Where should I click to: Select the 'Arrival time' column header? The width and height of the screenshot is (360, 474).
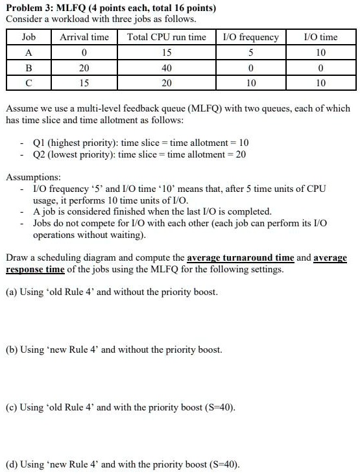click(x=84, y=37)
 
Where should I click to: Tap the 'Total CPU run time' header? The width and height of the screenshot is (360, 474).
click(x=167, y=37)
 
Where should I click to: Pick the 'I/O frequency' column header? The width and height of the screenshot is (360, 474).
click(x=250, y=37)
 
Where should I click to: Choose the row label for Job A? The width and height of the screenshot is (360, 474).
click(x=29, y=53)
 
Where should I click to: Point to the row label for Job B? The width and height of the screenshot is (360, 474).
click(x=29, y=67)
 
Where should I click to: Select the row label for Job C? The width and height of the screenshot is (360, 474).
click(x=29, y=82)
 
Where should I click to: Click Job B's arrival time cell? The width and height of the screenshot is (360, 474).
click(x=84, y=67)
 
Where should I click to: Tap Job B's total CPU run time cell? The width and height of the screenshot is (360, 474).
click(x=167, y=67)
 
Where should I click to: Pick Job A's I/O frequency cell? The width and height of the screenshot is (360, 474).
click(x=250, y=53)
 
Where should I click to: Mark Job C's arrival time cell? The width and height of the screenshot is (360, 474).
click(x=84, y=82)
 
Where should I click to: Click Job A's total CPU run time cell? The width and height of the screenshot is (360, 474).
click(x=167, y=53)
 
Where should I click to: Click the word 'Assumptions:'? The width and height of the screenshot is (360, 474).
click(x=34, y=177)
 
